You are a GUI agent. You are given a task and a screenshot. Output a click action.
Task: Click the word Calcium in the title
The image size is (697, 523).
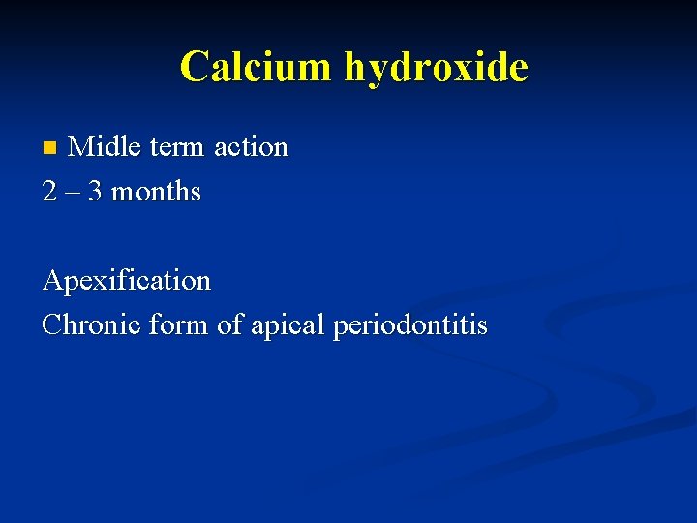tap(255, 67)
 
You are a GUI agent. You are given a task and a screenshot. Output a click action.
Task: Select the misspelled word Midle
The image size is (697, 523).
tap(105, 147)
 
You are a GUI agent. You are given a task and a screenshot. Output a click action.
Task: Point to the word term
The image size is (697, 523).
tap(176, 147)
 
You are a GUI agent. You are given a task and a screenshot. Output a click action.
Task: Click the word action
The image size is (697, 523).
tap(251, 147)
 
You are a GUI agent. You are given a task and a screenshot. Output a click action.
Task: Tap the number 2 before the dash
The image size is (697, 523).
tap(49, 192)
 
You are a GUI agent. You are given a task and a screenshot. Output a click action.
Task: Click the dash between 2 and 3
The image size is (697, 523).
tap(72, 192)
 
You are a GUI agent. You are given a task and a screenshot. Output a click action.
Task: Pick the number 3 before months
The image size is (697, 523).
tap(94, 192)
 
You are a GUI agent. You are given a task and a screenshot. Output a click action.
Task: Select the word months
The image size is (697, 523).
tap(156, 192)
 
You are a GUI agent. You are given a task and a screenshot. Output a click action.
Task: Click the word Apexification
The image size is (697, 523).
tap(126, 281)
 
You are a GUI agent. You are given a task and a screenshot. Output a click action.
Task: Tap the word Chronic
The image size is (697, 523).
tap(90, 325)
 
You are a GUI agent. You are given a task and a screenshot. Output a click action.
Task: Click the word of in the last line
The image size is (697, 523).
tap(228, 325)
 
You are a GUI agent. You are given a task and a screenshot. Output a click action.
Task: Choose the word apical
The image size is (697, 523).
tap(287, 325)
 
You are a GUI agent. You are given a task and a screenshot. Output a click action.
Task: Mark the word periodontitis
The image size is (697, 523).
tap(409, 325)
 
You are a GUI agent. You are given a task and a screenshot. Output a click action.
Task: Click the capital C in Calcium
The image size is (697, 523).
tap(194, 67)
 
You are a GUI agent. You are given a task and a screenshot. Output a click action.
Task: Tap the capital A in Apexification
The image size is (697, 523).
tap(52, 281)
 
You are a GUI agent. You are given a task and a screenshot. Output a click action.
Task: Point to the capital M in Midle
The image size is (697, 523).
tap(81, 147)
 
